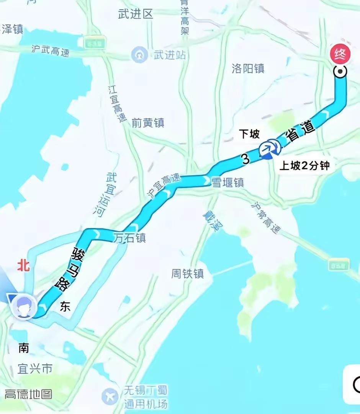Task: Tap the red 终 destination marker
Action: click(340, 54)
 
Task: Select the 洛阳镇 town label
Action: click(248, 68)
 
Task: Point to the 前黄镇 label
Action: click(148, 123)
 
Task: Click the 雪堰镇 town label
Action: click(228, 183)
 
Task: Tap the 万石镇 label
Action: click(130, 238)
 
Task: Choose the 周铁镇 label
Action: click(188, 274)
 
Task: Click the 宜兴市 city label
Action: click(35, 369)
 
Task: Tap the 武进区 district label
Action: click(136, 14)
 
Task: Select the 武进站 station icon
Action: click(139, 55)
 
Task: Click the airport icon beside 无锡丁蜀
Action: click(110, 396)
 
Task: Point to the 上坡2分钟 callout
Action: click(304, 166)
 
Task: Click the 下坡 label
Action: click(249, 134)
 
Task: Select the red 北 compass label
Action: click(23, 266)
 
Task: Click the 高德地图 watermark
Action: click(28, 394)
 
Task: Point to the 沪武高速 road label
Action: click(51, 51)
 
